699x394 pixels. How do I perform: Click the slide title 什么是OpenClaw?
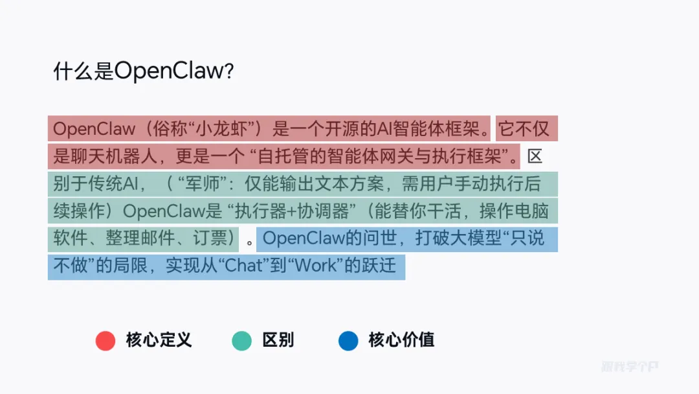[143, 71]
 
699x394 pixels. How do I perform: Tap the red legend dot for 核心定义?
[105, 341]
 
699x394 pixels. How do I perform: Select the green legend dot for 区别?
[241, 341]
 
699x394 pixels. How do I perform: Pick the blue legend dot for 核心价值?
[348, 341]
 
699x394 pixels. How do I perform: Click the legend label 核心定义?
[159, 340]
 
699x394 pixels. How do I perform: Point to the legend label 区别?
[278, 340]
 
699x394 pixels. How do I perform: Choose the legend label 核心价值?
[401, 340]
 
